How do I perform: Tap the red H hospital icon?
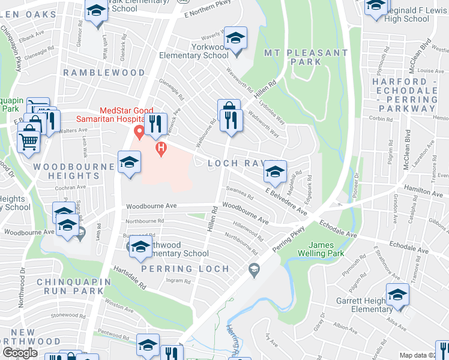coord(160,148)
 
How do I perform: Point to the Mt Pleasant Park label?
coord(306,57)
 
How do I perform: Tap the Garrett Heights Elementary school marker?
coord(397,296)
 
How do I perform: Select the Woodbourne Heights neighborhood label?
coord(66,171)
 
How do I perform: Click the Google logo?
coord(20,353)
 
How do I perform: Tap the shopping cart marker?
coord(28,142)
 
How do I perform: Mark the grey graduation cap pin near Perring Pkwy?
coord(254,268)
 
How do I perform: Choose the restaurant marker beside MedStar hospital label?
coord(155,124)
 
